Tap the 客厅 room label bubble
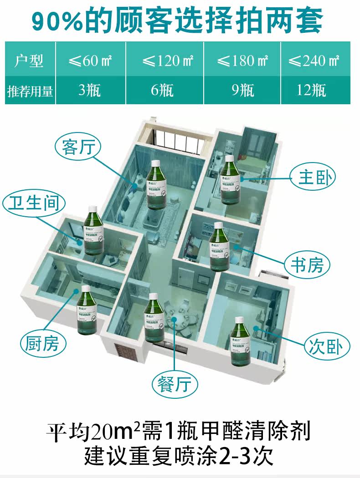coord(77,147)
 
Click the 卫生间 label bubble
coord(34,203)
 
